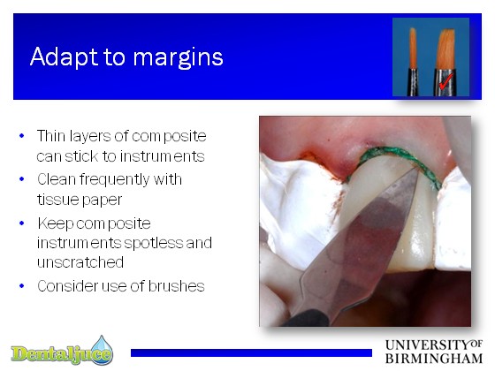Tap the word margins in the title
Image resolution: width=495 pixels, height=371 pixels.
178,57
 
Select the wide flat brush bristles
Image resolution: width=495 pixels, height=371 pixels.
445,49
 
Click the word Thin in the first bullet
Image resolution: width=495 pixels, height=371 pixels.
51,136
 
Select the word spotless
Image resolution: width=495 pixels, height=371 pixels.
154,243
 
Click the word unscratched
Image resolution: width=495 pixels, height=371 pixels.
80,262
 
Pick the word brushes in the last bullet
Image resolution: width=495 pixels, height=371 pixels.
176,286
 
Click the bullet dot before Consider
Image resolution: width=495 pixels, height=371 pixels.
22,286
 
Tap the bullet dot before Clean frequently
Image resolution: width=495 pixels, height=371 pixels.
22,179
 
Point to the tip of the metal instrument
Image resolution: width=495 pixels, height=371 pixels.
417,170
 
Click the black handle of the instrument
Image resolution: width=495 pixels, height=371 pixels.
306,318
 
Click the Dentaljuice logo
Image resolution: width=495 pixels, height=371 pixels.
62,351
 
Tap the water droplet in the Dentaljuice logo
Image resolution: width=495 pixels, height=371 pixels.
102,348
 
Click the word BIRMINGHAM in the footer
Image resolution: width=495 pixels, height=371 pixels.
434,359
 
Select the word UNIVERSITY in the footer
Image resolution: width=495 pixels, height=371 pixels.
428,345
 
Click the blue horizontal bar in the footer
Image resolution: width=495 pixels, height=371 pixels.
251,352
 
